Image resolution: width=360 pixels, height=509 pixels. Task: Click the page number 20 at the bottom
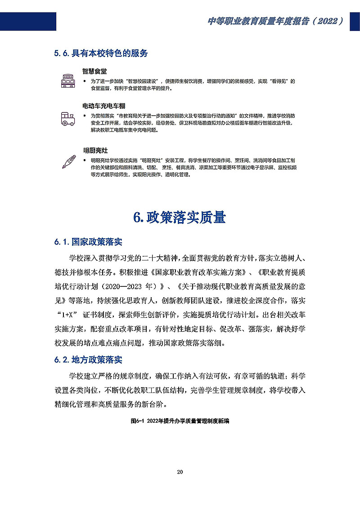[180, 472]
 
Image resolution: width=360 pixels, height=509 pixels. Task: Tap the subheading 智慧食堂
[94, 71]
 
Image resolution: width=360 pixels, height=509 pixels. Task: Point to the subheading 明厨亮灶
[95, 150]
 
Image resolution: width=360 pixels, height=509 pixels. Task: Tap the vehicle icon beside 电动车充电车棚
[68, 118]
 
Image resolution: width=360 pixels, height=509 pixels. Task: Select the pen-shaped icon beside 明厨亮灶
[68, 161]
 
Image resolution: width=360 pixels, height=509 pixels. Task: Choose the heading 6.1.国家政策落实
[88, 242]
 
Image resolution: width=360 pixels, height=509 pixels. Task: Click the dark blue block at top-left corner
[28, 21]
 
